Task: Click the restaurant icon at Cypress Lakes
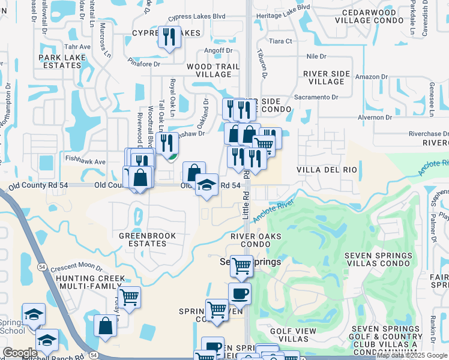point(169,38)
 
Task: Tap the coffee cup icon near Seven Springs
point(240,294)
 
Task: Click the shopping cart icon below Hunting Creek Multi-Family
point(129,297)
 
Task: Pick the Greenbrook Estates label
point(148,240)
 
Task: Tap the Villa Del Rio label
point(327,170)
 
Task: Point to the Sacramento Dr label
point(316,97)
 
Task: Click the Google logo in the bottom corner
point(20,353)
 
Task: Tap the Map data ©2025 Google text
point(411,356)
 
